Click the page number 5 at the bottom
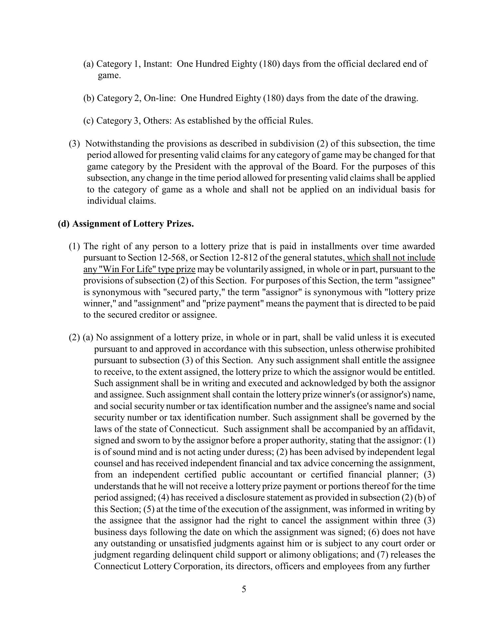[244, 589]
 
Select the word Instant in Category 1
[157, 64]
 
